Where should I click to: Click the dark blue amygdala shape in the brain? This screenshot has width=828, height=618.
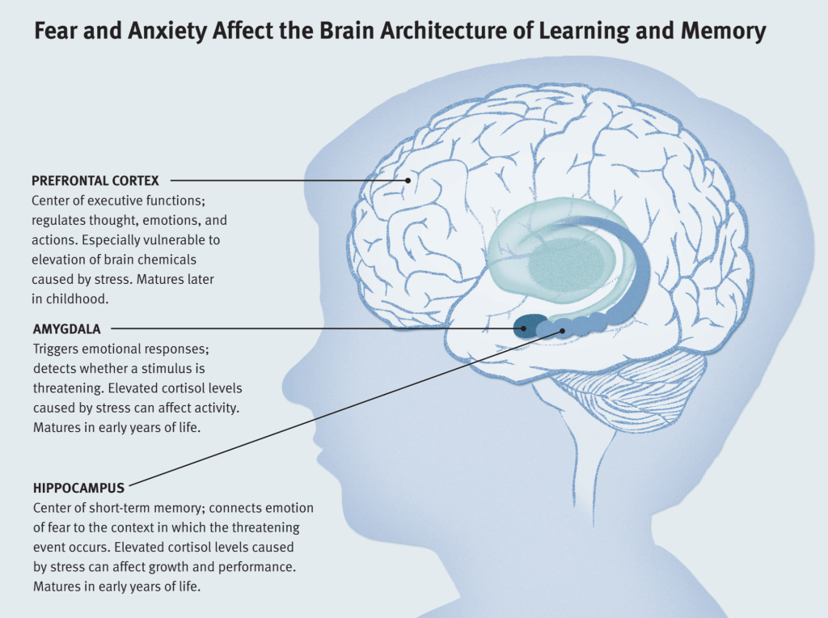pos(526,325)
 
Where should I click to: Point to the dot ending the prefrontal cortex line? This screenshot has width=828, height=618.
pos(408,180)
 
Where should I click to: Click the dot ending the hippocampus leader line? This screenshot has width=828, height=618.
pos(561,332)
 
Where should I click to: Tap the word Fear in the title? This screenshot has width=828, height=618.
pos(55,32)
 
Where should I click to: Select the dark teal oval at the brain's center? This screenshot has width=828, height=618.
pos(566,262)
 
